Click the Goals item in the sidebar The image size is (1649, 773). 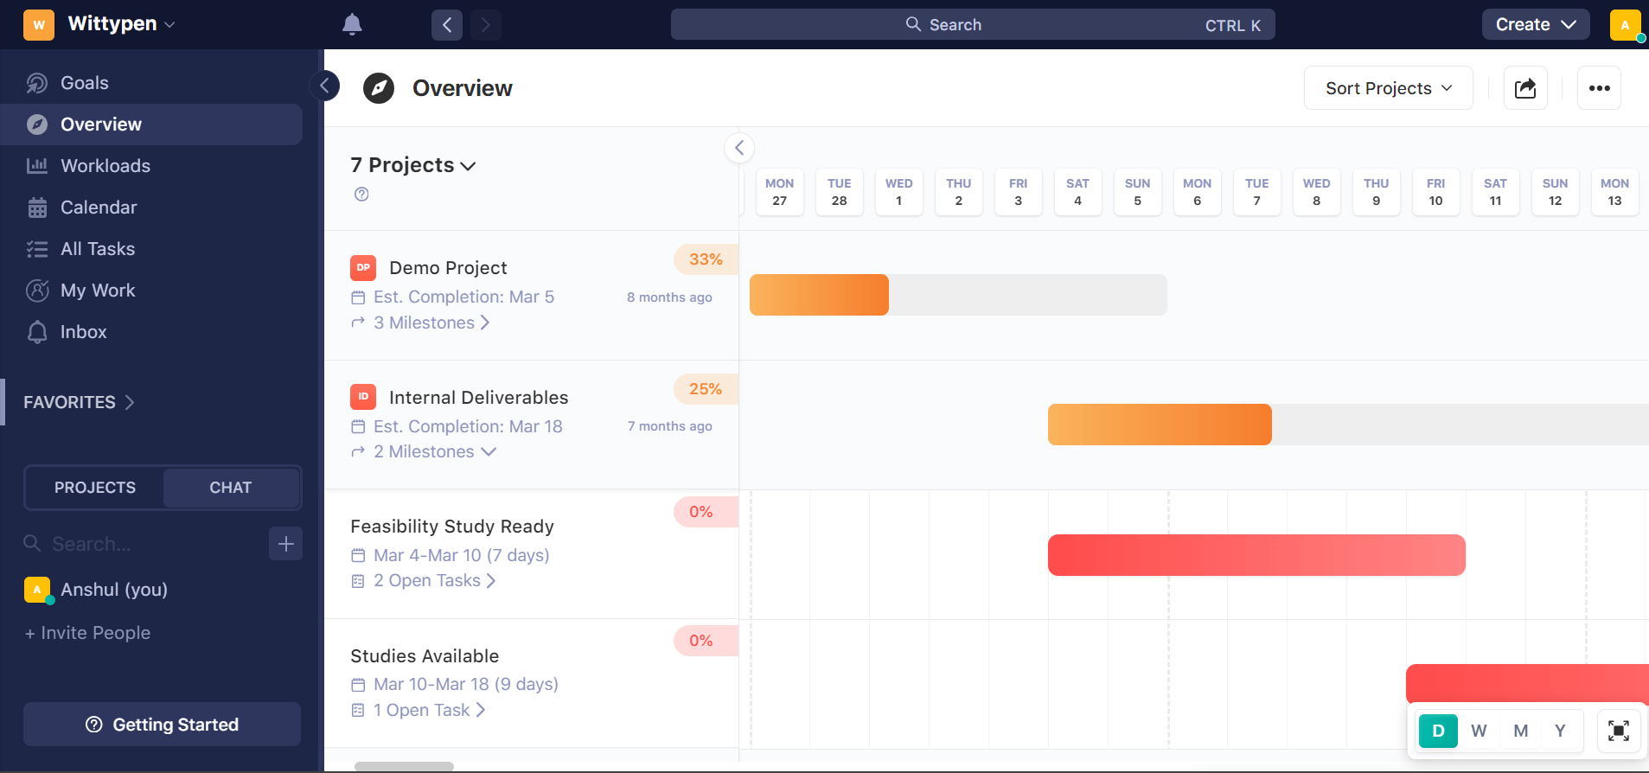[x=84, y=83]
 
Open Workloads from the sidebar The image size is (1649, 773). [x=105, y=166]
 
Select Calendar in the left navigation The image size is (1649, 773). [x=98, y=208]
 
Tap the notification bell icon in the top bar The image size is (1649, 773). [x=352, y=24]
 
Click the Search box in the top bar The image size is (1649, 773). [x=972, y=24]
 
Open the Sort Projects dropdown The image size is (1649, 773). [x=1387, y=88]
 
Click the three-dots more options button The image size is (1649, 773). [x=1599, y=88]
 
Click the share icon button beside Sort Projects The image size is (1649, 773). [x=1525, y=88]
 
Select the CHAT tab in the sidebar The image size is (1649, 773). [x=230, y=488]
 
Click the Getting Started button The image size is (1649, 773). [x=162, y=725]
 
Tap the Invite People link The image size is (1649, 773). [x=88, y=633]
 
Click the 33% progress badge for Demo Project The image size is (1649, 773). [x=705, y=259]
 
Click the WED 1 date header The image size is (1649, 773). [x=898, y=192]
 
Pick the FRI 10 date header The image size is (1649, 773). [x=1435, y=192]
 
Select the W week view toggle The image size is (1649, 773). [x=1479, y=731]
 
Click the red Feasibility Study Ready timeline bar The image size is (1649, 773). [x=1256, y=555]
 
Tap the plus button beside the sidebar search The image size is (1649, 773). [x=285, y=544]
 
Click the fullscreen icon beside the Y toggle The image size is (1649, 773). [x=1618, y=731]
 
